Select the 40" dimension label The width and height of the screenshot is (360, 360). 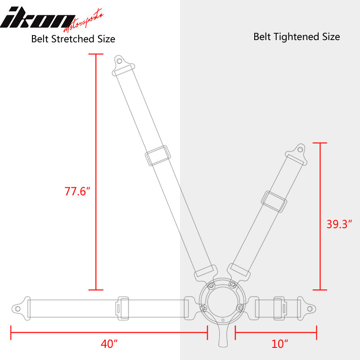pos(109,344)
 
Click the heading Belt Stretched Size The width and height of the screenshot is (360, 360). pos(73,39)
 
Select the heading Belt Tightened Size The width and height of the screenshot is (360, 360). pos(297,36)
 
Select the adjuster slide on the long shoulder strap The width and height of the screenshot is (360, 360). pos(157,156)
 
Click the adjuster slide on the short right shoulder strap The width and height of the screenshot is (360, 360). pos(275,202)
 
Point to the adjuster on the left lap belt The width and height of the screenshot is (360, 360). pos(122,308)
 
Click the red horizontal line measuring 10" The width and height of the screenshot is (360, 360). pos(276,333)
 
